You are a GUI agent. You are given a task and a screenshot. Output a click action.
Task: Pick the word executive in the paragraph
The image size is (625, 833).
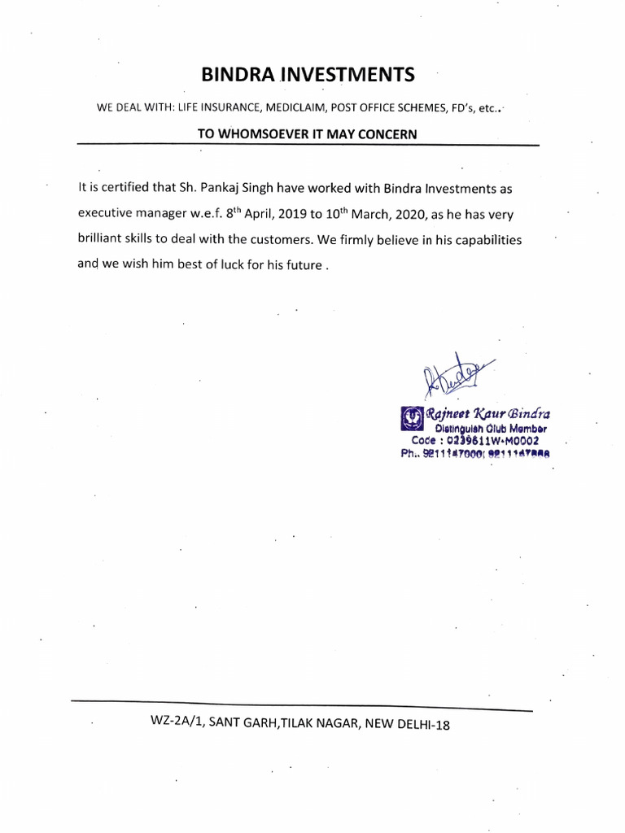(x=108, y=214)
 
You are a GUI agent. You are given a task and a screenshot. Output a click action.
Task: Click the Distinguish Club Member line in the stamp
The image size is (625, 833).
(x=491, y=429)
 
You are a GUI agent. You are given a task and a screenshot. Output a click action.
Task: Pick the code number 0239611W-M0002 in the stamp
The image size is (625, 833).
(x=499, y=441)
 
